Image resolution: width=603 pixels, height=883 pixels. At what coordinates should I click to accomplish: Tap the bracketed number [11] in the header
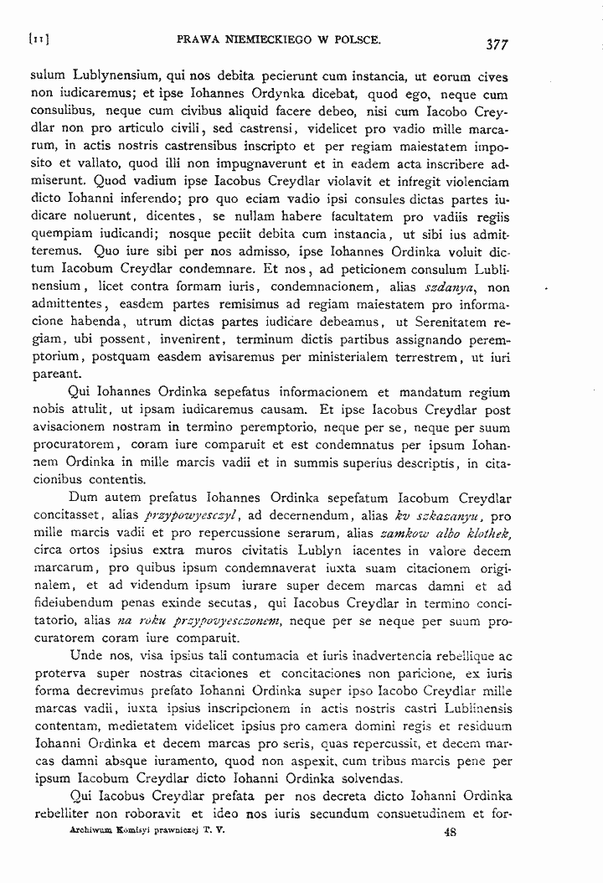point(39,39)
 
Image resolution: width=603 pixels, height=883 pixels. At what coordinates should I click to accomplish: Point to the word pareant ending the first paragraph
point(54,374)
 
